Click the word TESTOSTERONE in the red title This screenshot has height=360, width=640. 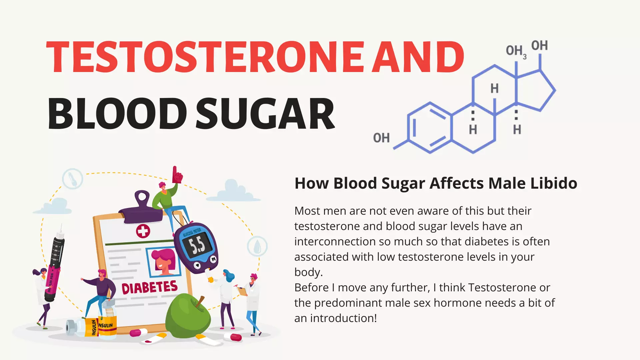click(205, 57)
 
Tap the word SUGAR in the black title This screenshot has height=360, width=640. click(265, 114)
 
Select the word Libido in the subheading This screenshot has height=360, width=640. click(554, 183)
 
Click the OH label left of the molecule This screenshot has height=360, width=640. click(381, 138)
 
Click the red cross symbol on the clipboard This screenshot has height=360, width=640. click(143, 231)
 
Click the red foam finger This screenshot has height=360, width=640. click(177, 175)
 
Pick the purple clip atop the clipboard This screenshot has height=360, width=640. click(141, 207)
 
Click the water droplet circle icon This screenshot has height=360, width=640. click(257, 246)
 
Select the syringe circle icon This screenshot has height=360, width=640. click(73, 179)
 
